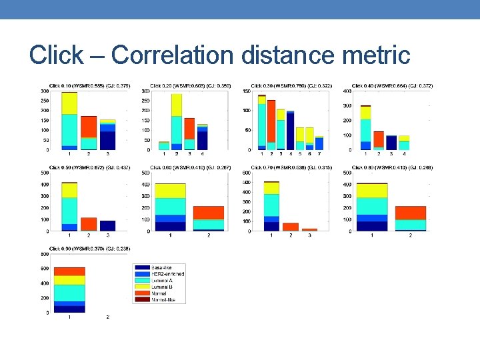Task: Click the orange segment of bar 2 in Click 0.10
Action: coord(89,127)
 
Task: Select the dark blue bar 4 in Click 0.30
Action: coord(290,131)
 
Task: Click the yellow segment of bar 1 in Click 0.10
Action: coord(69,103)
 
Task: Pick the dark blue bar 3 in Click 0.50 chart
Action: coord(107,226)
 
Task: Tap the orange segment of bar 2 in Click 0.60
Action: coord(208,212)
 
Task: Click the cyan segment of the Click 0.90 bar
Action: coord(69,293)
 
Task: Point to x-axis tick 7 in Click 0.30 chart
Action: coord(319,154)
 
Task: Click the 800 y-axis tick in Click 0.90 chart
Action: coord(44,253)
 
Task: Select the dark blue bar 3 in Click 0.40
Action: coord(391,143)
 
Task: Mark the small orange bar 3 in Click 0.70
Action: coord(309,230)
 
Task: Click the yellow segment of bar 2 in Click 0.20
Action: coord(177,105)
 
